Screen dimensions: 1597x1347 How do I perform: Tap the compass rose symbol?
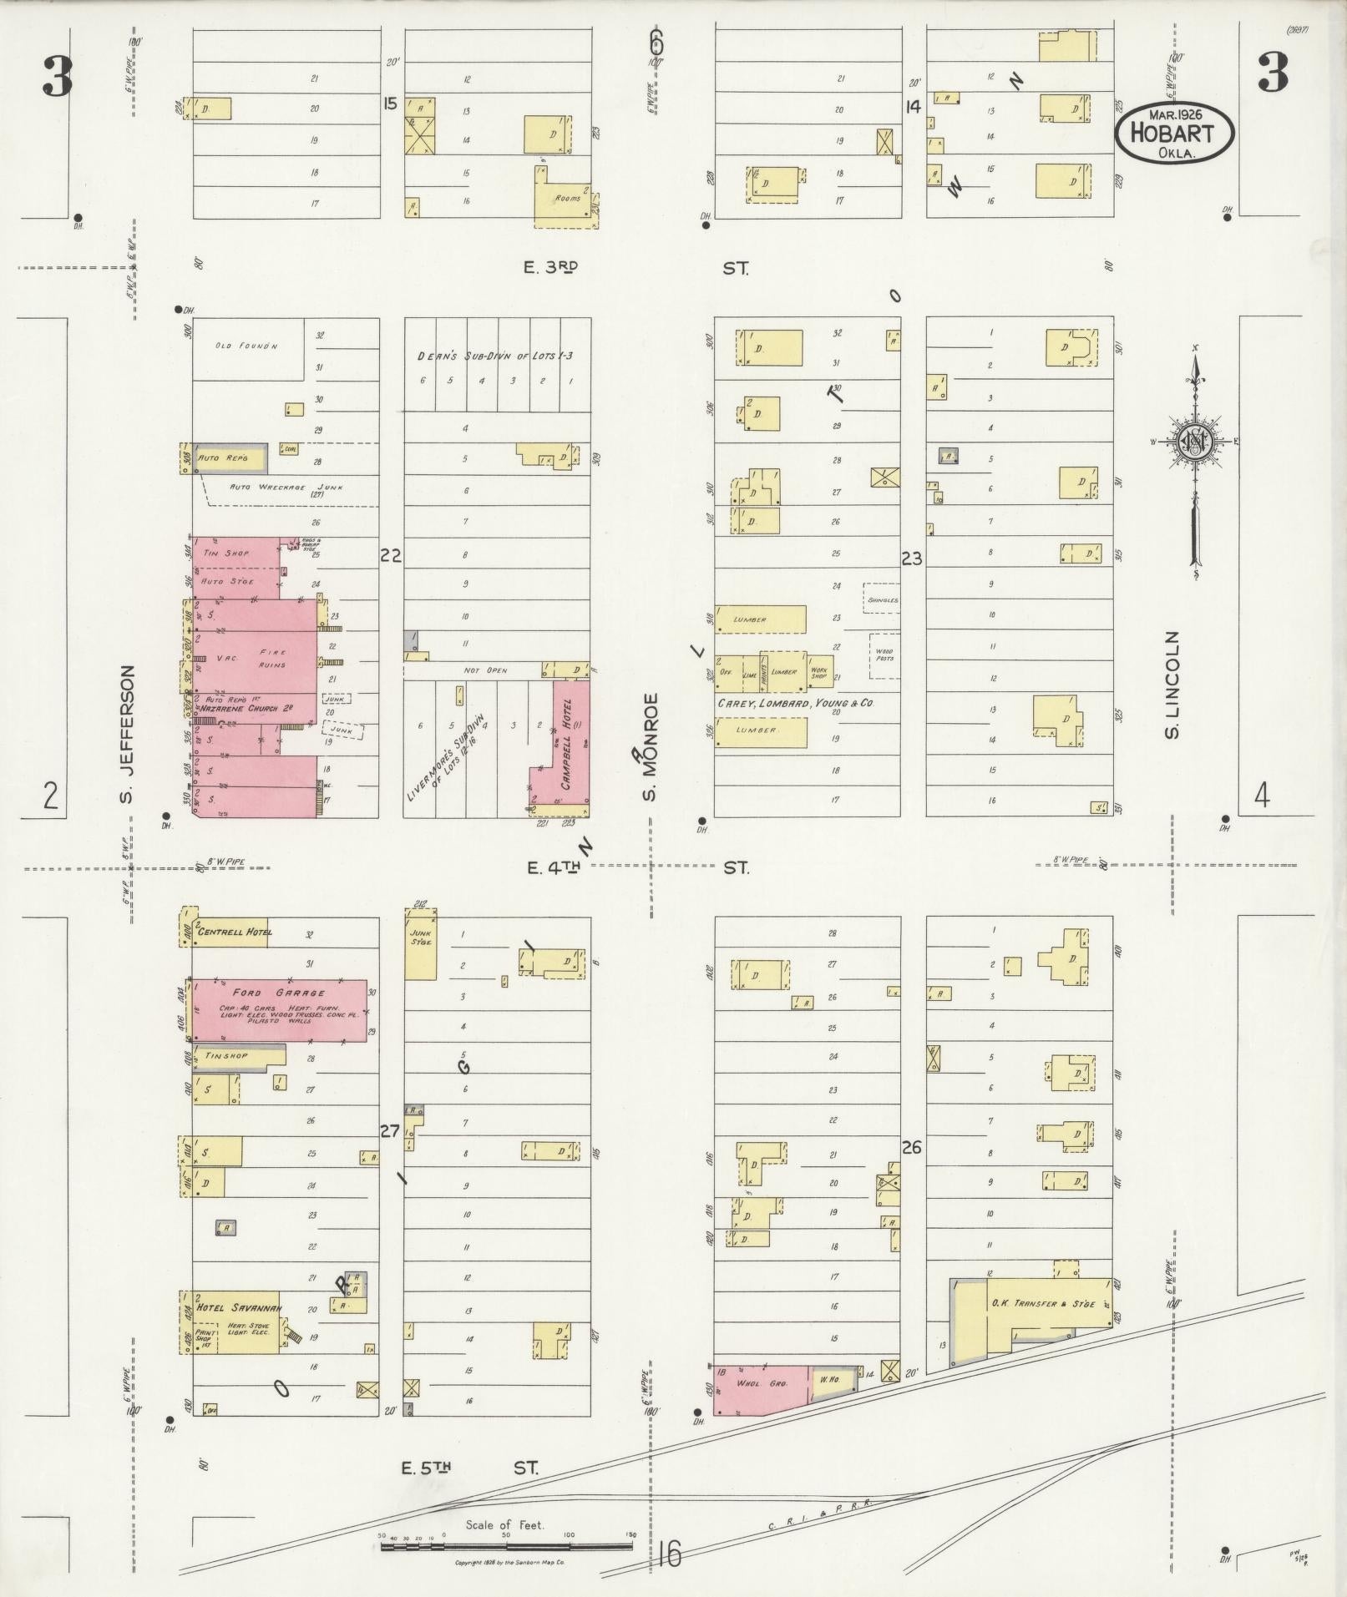[x=1195, y=442]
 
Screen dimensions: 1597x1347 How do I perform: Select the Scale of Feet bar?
[x=506, y=1547]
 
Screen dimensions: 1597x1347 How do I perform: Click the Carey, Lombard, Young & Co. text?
[x=795, y=704]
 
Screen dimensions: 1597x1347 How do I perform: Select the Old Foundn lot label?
[x=246, y=346]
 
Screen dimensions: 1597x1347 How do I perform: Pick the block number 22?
[x=391, y=555]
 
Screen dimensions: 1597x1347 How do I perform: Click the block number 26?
[x=911, y=1148]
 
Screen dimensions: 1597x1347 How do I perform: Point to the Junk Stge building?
[x=420, y=942]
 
